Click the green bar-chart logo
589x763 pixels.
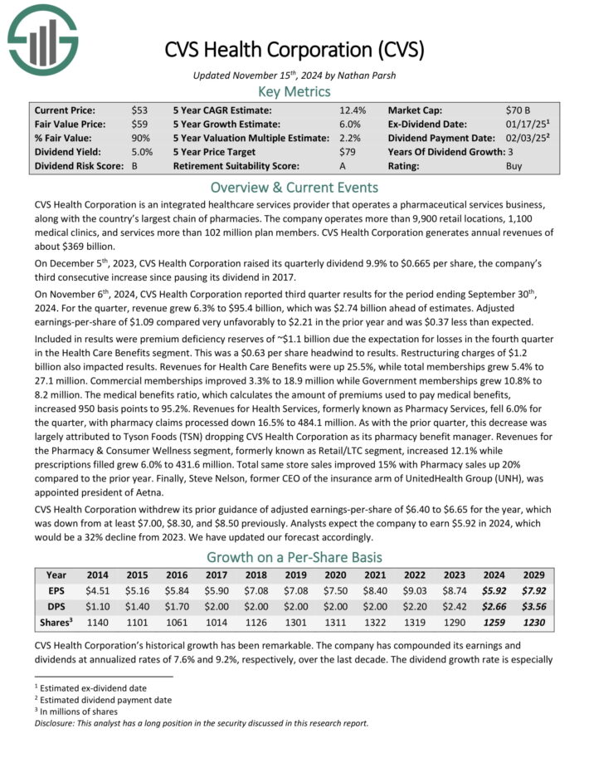click(42, 38)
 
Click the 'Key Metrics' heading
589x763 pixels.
click(294, 91)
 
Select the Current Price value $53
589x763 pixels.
click(140, 110)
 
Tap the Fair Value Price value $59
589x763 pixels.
click(140, 124)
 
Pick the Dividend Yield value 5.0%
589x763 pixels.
click(143, 152)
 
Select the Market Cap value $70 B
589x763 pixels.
click(519, 110)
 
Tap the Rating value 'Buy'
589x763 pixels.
click(514, 166)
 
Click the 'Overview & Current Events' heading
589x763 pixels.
click(294, 187)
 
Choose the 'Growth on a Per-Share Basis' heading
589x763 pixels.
click(294, 557)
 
